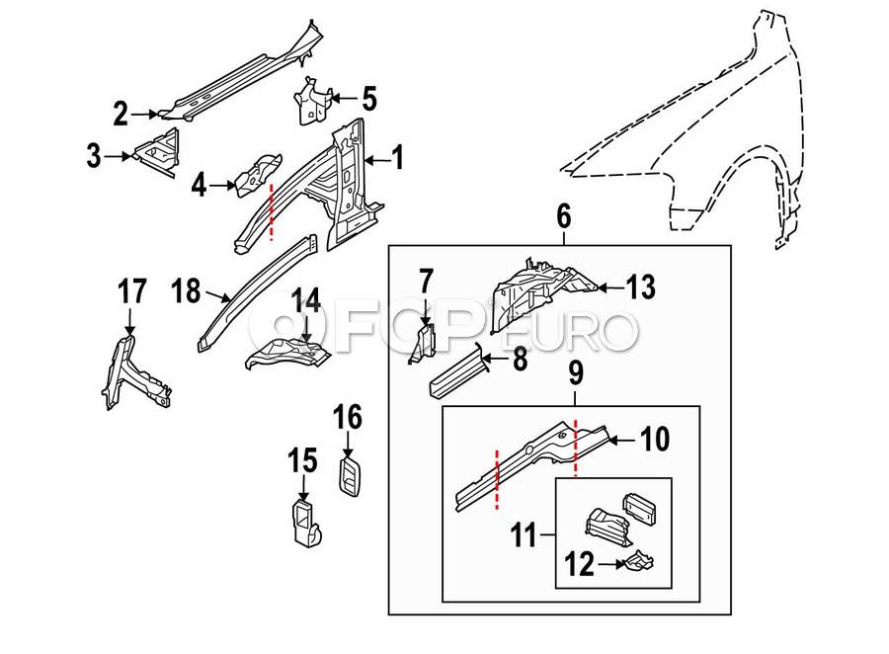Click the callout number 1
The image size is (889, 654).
click(399, 157)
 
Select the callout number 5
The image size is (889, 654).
click(369, 98)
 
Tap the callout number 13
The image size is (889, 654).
click(641, 287)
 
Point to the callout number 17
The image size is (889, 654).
click(132, 291)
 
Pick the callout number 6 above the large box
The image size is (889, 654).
click(563, 216)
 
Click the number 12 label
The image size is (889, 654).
click(579, 564)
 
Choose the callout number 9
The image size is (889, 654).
click(575, 373)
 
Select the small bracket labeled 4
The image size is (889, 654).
click(259, 174)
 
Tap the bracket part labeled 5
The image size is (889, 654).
click(310, 101)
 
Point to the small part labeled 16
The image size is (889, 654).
click(351, 475)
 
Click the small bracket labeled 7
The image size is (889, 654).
click(424, 343)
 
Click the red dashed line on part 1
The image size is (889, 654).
click(272, 211)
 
